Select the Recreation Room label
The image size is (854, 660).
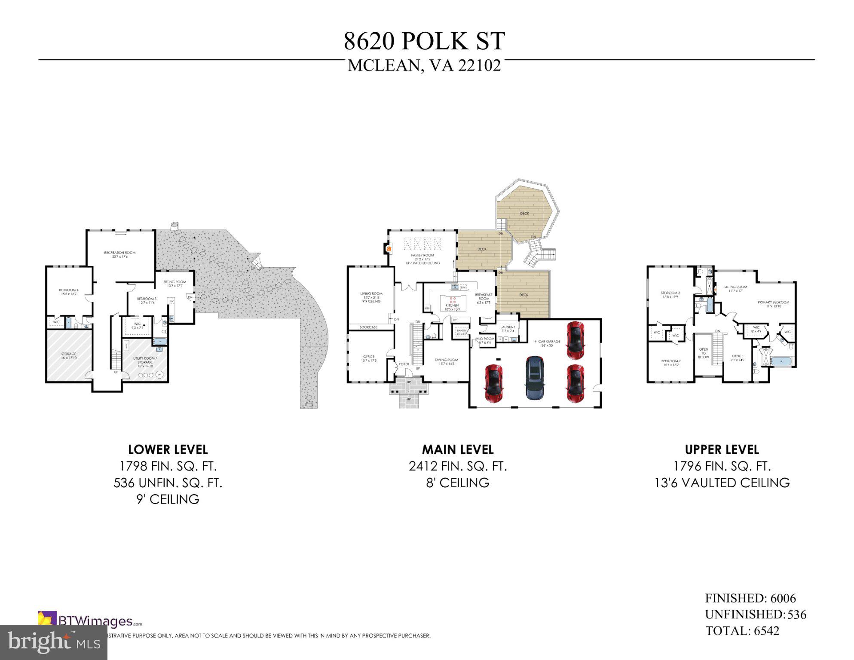click(119, 254)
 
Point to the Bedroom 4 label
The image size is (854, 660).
click(69, 292)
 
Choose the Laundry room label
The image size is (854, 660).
click(507, 329)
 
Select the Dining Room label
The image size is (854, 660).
click(446, 361)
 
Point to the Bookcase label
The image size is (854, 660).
click(368, 327)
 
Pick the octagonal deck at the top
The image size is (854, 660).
click(525, 214)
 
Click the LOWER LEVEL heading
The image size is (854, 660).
click(168, 450)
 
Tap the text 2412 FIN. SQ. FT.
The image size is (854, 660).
click(458, 466)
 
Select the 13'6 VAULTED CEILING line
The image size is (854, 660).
click(722, 483)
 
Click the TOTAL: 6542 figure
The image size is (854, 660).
click(742, 631)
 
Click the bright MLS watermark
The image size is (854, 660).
click(53, 642)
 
